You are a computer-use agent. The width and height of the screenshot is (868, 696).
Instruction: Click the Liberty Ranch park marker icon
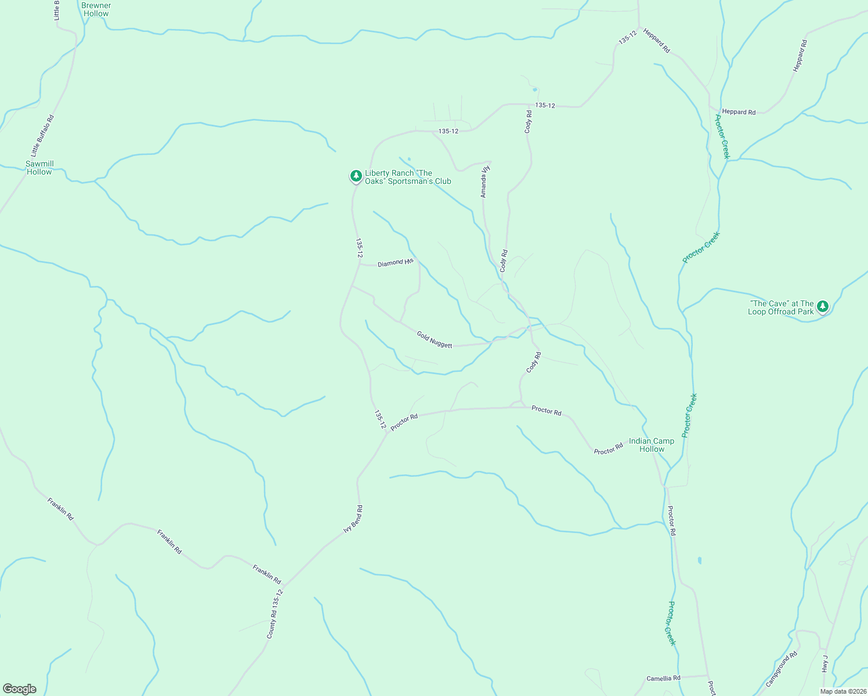click(x=356, y=175)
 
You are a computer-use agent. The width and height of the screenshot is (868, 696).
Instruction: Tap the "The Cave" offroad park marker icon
click(x=822, y=306)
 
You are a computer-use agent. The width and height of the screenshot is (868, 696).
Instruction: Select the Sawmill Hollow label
click(x=39, y=168)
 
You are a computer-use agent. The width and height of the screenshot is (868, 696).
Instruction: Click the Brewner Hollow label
click(x=96, y=9)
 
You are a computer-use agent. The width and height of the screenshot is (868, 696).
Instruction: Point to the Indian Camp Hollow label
click(x=652, y=445)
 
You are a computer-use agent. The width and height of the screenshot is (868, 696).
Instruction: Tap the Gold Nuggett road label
click(x=434, y=339)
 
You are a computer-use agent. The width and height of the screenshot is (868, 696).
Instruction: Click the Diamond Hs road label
click(x=395, y=263)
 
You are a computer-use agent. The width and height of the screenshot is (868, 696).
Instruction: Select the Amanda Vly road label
click(x=486, y=182)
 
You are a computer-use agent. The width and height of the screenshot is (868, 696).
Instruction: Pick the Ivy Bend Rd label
click(x=353, y=519)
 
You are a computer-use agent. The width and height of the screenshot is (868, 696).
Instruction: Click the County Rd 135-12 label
click(x=274, y=615)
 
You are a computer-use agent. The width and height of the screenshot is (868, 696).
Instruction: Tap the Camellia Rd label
click(x=663, y=678)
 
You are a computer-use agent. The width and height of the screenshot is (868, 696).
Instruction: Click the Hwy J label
click(x=824, y=664)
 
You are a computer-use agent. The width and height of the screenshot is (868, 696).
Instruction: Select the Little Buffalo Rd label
click(x=42, y=136)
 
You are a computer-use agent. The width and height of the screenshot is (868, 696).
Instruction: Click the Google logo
click(x=20, y=689)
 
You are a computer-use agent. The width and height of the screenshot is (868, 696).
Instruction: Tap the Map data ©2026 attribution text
click(x=842, y=691)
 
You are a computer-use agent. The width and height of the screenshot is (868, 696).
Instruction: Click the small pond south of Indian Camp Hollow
click(x=699, y=560)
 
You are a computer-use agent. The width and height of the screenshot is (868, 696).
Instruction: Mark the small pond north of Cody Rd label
click(x=534, y=89)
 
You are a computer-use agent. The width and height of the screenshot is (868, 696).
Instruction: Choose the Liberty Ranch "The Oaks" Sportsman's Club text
click(x=408, y=177)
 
